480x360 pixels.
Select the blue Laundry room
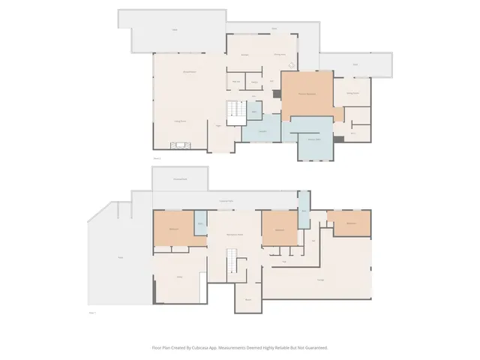pos(262,132)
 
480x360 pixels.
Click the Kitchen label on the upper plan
pos(244,55)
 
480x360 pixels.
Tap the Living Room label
pos(180,121)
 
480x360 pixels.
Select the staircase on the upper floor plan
pos(236,113)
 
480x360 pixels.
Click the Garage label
pos(320,280)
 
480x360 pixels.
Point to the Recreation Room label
pos(235,235)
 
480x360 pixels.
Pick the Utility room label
pos(180,277)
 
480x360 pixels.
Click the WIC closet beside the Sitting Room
pos(353,133)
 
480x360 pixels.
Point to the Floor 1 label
pos(93,312)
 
